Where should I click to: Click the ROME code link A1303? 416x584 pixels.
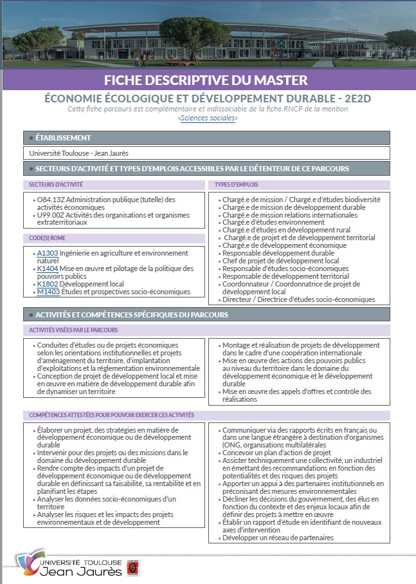[x=48, y=253]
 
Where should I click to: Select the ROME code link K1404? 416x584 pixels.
[x=48, y=268]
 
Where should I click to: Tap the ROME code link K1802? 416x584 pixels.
[x=48, y=284]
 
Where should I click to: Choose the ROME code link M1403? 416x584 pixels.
[x=48, y=292]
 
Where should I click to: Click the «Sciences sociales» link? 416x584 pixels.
[x=208, y=118]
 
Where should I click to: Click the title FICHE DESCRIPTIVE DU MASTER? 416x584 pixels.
[x=206, y=80]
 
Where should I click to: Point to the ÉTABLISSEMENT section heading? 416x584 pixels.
[x=63, y=138]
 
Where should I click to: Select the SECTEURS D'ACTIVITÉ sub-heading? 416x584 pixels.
[x=56, y=185]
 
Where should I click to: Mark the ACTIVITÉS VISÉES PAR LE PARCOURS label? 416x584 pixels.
[x=73, y=330]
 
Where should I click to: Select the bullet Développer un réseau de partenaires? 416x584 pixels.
[x=278, y=538]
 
